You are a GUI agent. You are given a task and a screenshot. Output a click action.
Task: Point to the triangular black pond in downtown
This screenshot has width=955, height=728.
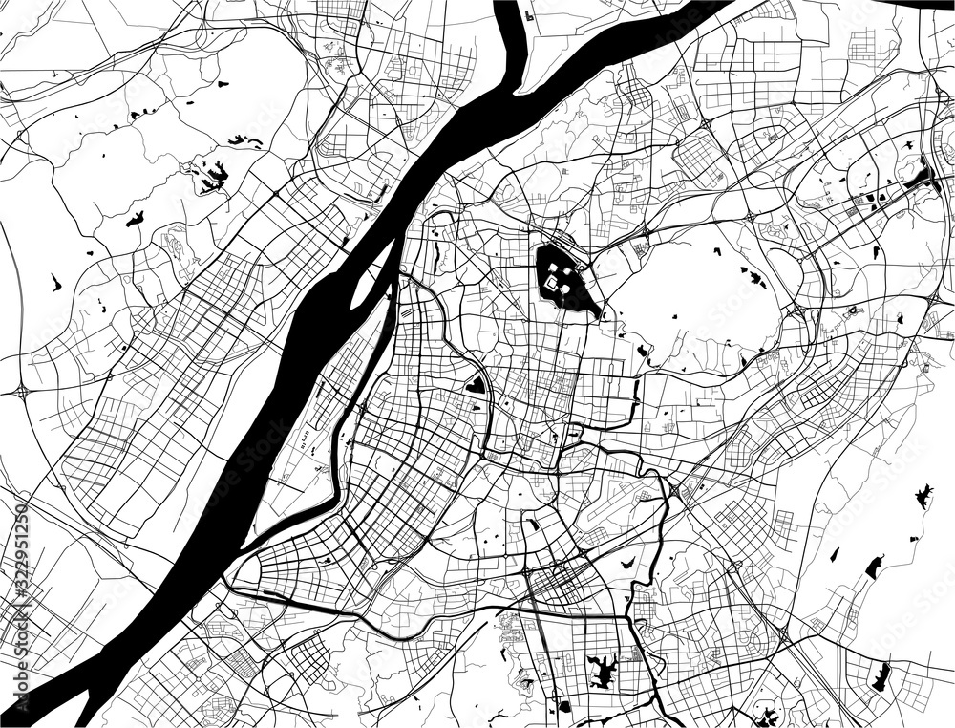point(475,385)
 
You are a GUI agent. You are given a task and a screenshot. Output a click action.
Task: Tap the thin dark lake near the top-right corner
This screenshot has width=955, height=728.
point(922,177)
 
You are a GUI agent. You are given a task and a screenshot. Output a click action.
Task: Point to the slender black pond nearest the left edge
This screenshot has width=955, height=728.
point(54,283)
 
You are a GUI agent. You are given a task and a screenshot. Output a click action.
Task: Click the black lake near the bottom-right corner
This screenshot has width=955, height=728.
point(881,675)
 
